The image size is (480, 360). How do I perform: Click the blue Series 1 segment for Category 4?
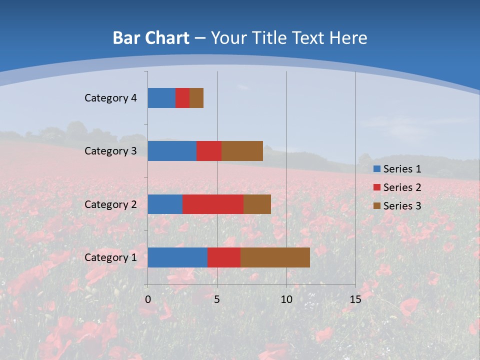pos(161,98)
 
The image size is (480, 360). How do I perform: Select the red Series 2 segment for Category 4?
pos(182,98)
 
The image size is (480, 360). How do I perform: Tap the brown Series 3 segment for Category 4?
pos(196,98)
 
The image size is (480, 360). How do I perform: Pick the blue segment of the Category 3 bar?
pos(172,151)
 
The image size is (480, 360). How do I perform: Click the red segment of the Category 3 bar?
pos(209,151)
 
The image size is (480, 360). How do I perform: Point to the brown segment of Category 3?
pos(242,151)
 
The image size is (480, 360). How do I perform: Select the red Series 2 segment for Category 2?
pos(213,204)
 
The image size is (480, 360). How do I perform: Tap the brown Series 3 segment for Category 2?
pos(257,204)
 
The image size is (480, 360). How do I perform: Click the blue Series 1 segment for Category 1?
pos(177,257)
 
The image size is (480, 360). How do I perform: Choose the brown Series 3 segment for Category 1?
pos(275,257)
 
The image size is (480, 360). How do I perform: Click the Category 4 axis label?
pos(110,98)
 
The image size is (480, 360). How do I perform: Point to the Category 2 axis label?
pos(110,204)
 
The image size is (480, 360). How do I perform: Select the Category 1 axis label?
pos(110,257)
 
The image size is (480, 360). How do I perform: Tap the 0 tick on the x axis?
pos(148,299)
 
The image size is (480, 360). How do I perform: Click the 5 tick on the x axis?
pos(217,299)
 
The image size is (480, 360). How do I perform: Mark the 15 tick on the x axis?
pos(355,299)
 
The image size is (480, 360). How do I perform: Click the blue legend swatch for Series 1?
pos(376,169)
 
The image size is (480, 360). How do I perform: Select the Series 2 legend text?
pos(402,187)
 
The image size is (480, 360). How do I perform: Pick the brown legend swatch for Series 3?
pos(376,206)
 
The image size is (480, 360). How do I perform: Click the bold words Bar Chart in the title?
pos(151,38)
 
